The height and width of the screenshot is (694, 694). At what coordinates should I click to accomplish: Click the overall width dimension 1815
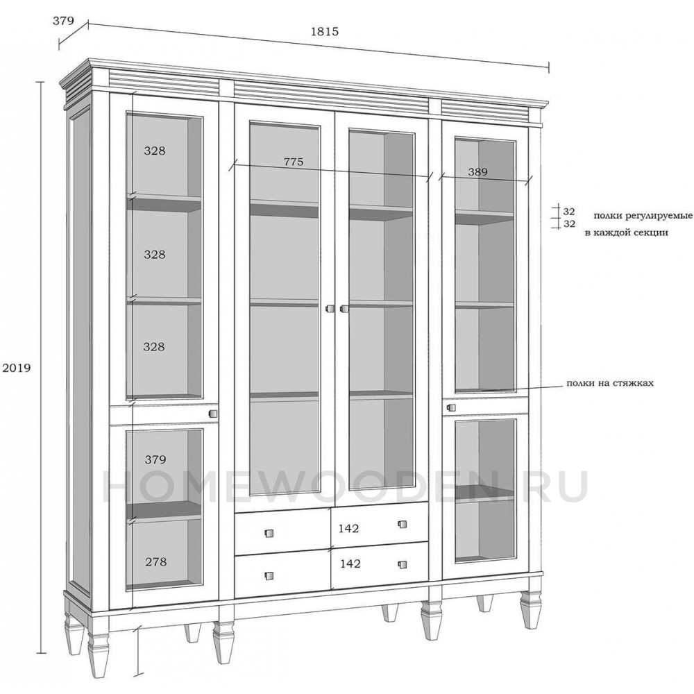(x=325, y=31)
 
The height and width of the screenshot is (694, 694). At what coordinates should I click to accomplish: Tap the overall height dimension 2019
(x=17, y=368)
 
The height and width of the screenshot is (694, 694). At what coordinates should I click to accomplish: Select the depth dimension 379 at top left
(x=63, y=21)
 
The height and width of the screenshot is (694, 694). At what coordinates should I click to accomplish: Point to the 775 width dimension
(x=294, y=162)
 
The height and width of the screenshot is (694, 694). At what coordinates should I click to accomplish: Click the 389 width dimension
(x=477, y=171)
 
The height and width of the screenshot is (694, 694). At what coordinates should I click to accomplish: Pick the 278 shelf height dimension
(x=155, y=562)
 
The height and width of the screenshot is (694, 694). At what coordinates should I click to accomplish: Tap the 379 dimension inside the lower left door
(x=155, y=460)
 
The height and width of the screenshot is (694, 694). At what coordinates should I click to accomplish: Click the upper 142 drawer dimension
(x=349, y=528)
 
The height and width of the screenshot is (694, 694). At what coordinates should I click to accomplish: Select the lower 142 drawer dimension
(x=350, y=564)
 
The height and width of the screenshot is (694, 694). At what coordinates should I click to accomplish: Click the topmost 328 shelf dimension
(x=155, y=151)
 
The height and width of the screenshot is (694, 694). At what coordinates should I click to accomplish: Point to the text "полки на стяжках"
(x=610, y=383)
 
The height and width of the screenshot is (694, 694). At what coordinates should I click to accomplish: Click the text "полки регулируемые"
(x=643, y=216)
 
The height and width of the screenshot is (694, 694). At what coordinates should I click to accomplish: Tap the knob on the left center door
(x=329, y=309)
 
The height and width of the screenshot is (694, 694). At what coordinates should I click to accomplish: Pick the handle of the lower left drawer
(x=269, y=575)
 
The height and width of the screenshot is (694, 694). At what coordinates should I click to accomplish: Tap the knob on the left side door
(x=212, y=414)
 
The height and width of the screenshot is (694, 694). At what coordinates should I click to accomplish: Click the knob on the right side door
(x=452, y=407)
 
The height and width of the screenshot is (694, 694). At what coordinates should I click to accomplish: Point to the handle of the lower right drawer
(x=402, y=564)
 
